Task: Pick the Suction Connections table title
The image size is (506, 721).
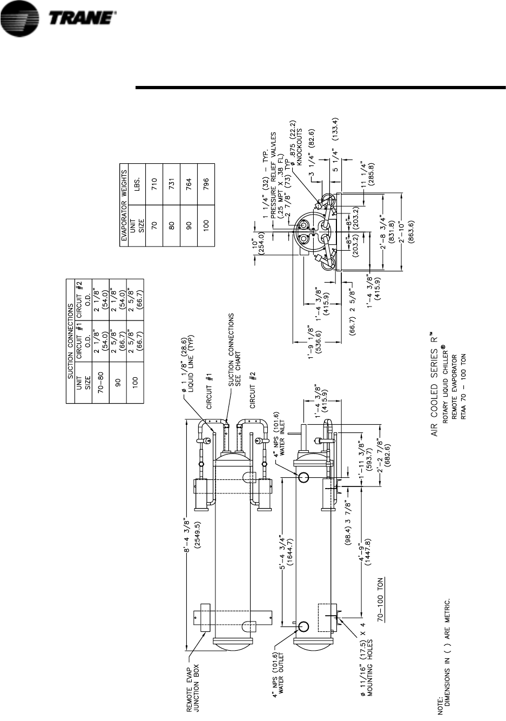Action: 70,342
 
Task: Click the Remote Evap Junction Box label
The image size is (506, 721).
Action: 193,680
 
